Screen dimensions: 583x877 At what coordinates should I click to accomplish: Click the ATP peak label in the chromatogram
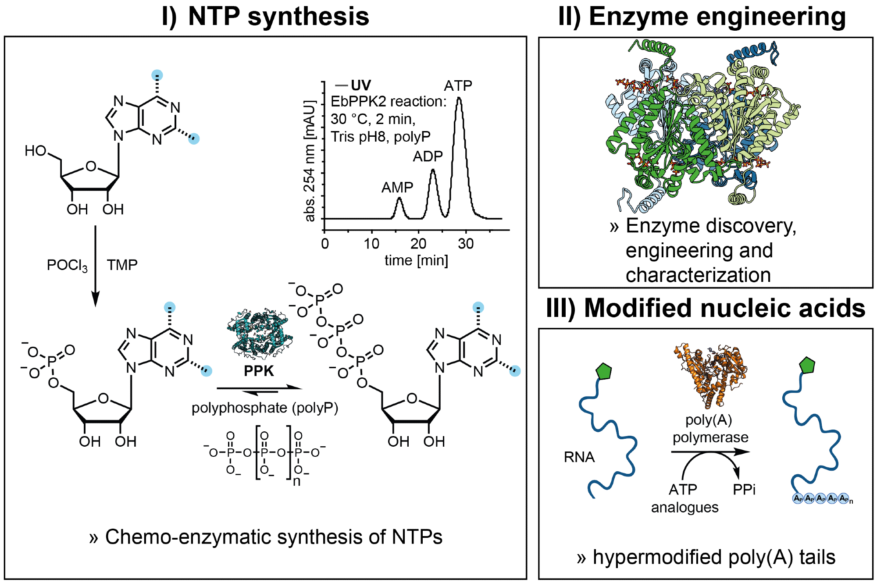458,85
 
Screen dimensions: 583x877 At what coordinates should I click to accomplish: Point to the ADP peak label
428,156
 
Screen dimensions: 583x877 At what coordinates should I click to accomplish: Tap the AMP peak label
397,188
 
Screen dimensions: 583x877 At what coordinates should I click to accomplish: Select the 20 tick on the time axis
418,244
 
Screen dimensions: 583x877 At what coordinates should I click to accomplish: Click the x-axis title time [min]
416,261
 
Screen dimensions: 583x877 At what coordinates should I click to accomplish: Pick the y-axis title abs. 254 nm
310,161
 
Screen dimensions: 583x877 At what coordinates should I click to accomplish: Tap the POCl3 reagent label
67,266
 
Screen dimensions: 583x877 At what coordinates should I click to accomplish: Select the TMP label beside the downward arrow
122,265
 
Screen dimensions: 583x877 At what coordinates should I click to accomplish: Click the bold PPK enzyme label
259,371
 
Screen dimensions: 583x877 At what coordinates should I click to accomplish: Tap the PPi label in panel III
744,489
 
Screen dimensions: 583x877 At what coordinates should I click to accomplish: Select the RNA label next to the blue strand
579,457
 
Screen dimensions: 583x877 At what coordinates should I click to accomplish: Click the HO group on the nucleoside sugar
36,151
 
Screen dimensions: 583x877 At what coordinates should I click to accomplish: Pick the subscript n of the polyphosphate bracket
297,482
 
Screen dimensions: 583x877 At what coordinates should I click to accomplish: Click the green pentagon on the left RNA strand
603,371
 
